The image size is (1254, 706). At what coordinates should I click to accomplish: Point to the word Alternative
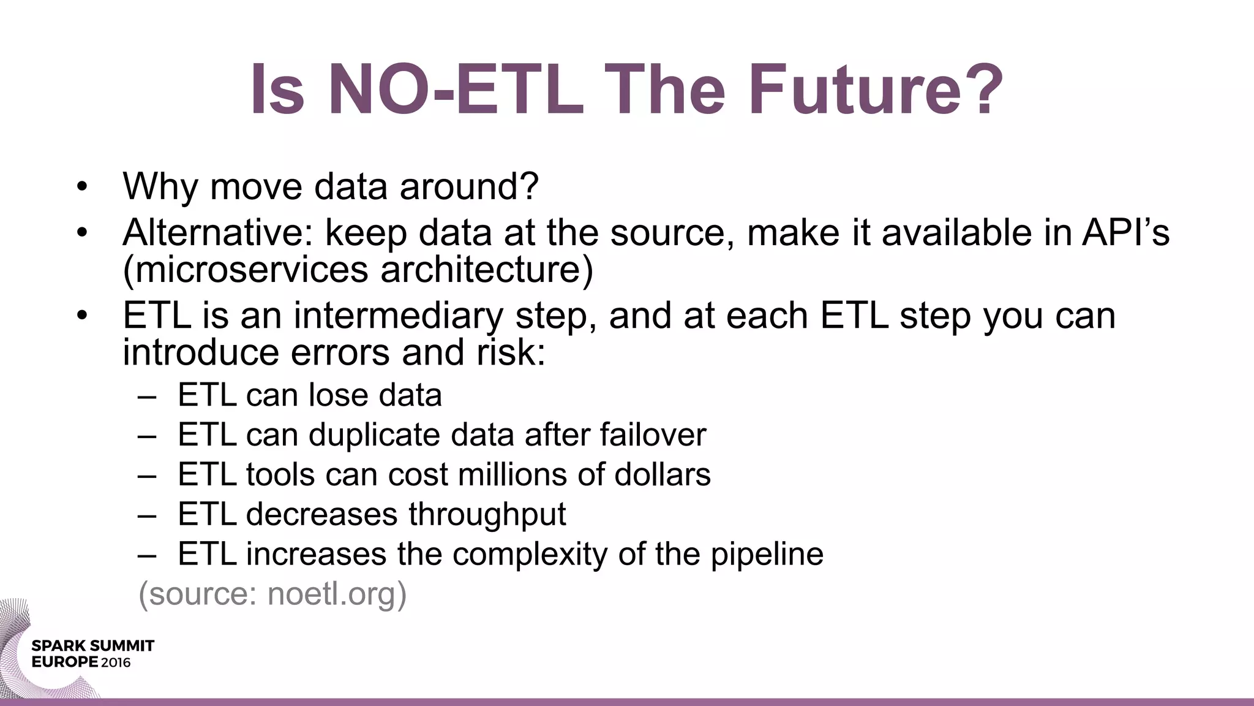(x=218, y=233)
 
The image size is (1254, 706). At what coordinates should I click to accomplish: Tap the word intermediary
(x=398, y=316)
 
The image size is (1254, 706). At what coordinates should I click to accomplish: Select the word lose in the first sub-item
(x=339, y=395)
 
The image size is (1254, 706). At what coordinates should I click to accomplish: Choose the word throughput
(x=487, y=515)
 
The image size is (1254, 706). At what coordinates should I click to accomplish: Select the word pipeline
(x=767, y=555)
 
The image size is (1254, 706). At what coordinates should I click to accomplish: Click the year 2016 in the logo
(x=116, y=662)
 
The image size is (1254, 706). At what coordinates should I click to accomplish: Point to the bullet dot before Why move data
(x=83, y=186)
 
